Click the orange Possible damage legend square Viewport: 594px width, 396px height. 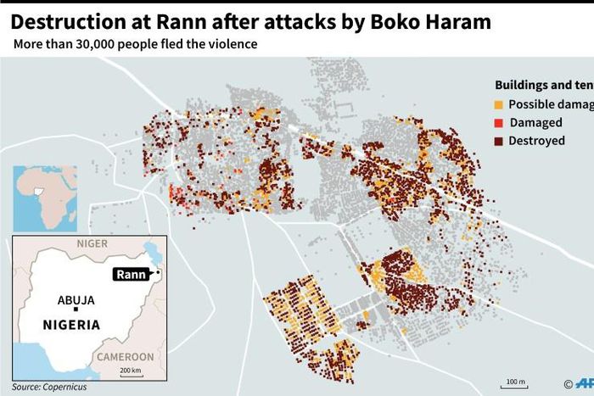(x=499, y=103)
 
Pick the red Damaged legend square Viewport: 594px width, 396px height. (x=499, y=122)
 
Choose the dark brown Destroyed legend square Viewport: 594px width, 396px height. (x=499, y=141)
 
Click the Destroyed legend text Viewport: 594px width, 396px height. (x=536, y=141)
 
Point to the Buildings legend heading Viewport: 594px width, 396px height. (x=527, y=85)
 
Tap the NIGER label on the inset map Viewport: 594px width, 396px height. (x=92, y=243)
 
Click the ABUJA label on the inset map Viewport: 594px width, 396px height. (x=76, y=300)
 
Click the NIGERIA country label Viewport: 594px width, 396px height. (x=72, y=325)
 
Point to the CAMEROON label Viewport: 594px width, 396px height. (x=125, y=357)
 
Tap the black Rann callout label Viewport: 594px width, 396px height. (x=132, y=273)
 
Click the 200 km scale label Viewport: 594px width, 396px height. (x=131, y=371)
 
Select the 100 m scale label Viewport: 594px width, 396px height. (x=515, y=382)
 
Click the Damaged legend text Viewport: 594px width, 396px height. (x=535, y=122)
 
